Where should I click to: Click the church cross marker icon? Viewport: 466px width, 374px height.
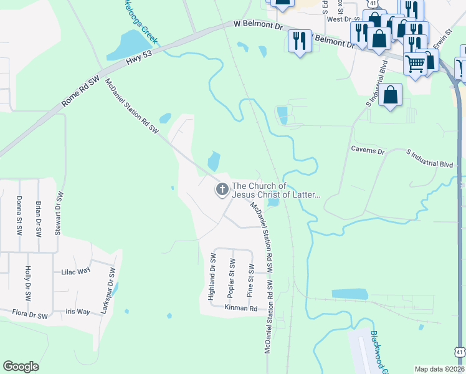(222, 189)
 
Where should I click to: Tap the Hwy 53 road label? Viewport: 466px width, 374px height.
(138, 55)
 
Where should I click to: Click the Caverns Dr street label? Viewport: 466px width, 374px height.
(368, 150)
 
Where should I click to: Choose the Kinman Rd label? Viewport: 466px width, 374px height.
(244, 309)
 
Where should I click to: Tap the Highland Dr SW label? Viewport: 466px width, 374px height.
(212, 277)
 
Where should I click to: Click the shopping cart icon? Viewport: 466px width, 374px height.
(416, 62)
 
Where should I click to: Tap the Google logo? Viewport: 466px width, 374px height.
(21, 367)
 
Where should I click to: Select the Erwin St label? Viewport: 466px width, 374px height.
(441, 42)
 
